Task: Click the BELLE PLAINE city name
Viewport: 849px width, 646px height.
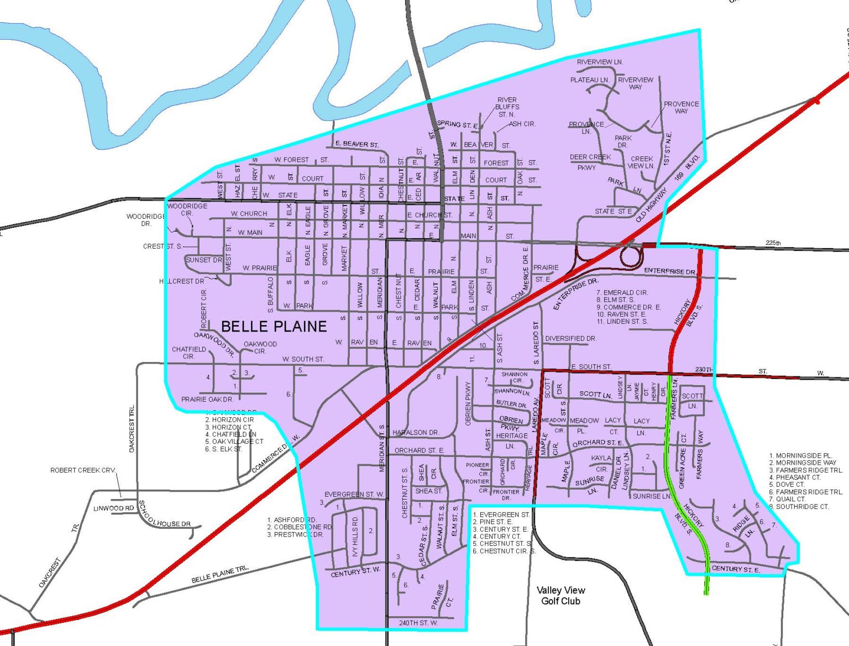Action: pyautogui.click(x=274, y=326)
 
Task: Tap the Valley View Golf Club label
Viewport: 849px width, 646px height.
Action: pyautogui.click(x=560, y=595)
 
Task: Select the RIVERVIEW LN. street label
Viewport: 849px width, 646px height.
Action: pyautogui.click(x=600, y=62)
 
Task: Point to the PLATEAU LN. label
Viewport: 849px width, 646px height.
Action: pyautogui.click(x=589, y=80)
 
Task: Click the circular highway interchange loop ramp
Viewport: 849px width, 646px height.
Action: pyautogui.click(x=631, y=256)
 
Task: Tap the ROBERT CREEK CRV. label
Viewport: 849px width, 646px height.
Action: pyautogui.click(x=83, y=470)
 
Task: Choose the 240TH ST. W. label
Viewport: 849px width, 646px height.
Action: pyautogui.click(x=418, y=623)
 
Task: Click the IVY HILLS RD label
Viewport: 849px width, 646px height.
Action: pyautogui.click(x=355, y=537)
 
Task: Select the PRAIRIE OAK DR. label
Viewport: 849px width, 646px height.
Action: pyautogui.click(x=207, y=399)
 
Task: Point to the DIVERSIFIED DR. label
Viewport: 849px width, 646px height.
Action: pyautogui.click(x=570, y=338)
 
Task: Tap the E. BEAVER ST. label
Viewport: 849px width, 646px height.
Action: pyautogui.click(x=357, y=144)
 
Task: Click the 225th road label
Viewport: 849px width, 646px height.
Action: pyautogui.click(x=773, y=243)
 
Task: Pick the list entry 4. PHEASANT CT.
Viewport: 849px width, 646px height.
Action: pyautogui.click(x=794, y=477)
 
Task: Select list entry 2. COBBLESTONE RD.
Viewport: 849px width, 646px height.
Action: pyautogui.click(x=300, y=527)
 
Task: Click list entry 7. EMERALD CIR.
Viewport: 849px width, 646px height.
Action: pyautogui.click(x=622, y=293)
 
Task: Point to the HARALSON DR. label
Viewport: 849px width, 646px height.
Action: pyautogui.click(x=415, y=433)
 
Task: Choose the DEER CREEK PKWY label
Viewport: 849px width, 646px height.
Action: pyautogui.click(x=590, y=162)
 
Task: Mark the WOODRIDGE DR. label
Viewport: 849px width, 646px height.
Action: pyautogui.click(x=145, y=220)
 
